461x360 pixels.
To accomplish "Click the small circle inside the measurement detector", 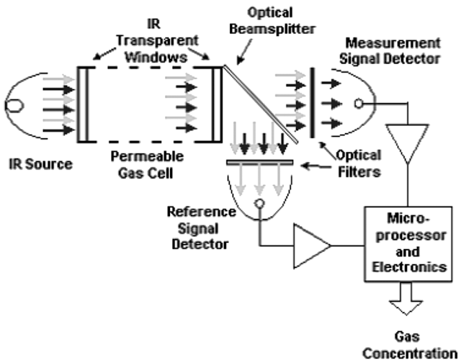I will click(357, 102).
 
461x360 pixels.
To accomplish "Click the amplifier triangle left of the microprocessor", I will click(311, 246).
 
